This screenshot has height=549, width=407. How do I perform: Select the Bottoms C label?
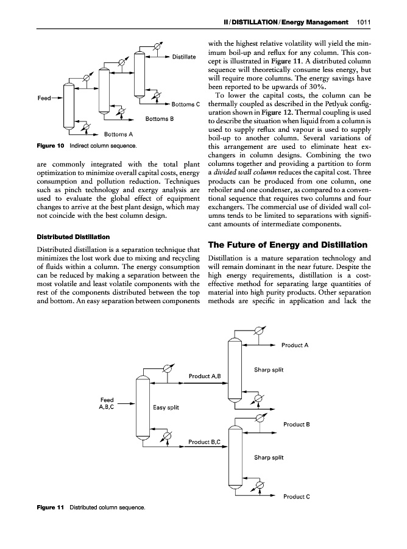point(185,104)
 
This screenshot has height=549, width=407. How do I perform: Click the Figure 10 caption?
point(87,146)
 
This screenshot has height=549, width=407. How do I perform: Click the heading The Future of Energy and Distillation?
point(288,245)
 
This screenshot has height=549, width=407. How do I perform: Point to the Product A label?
point(295,345)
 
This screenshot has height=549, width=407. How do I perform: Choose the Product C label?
point(297,496)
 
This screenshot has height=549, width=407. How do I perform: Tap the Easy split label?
point(166,407)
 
